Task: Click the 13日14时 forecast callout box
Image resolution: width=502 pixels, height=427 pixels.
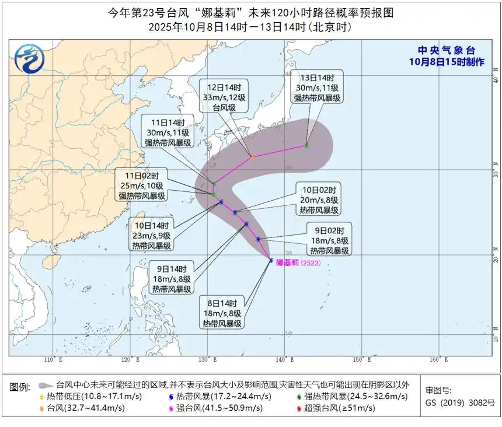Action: (x=317, y=87)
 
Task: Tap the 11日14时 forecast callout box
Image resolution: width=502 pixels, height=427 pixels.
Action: (x=170, y=132)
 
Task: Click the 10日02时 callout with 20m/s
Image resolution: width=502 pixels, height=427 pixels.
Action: (x=320, y=200)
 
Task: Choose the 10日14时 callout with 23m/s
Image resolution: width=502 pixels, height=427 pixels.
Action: (x=151, y=236)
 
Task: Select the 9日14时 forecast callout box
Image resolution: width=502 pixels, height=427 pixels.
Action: (x=172, y=279)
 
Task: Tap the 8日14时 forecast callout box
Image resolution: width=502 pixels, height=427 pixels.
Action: (x=222, y=313)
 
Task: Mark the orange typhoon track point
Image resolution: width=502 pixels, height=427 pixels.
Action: (x=252, y=157)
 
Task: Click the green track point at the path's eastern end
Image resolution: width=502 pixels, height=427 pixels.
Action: (x=306, y=145)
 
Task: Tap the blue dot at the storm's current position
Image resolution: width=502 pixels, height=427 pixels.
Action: (x=271, y=260)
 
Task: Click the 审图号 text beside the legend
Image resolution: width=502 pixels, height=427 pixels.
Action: (x=438, y=391)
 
